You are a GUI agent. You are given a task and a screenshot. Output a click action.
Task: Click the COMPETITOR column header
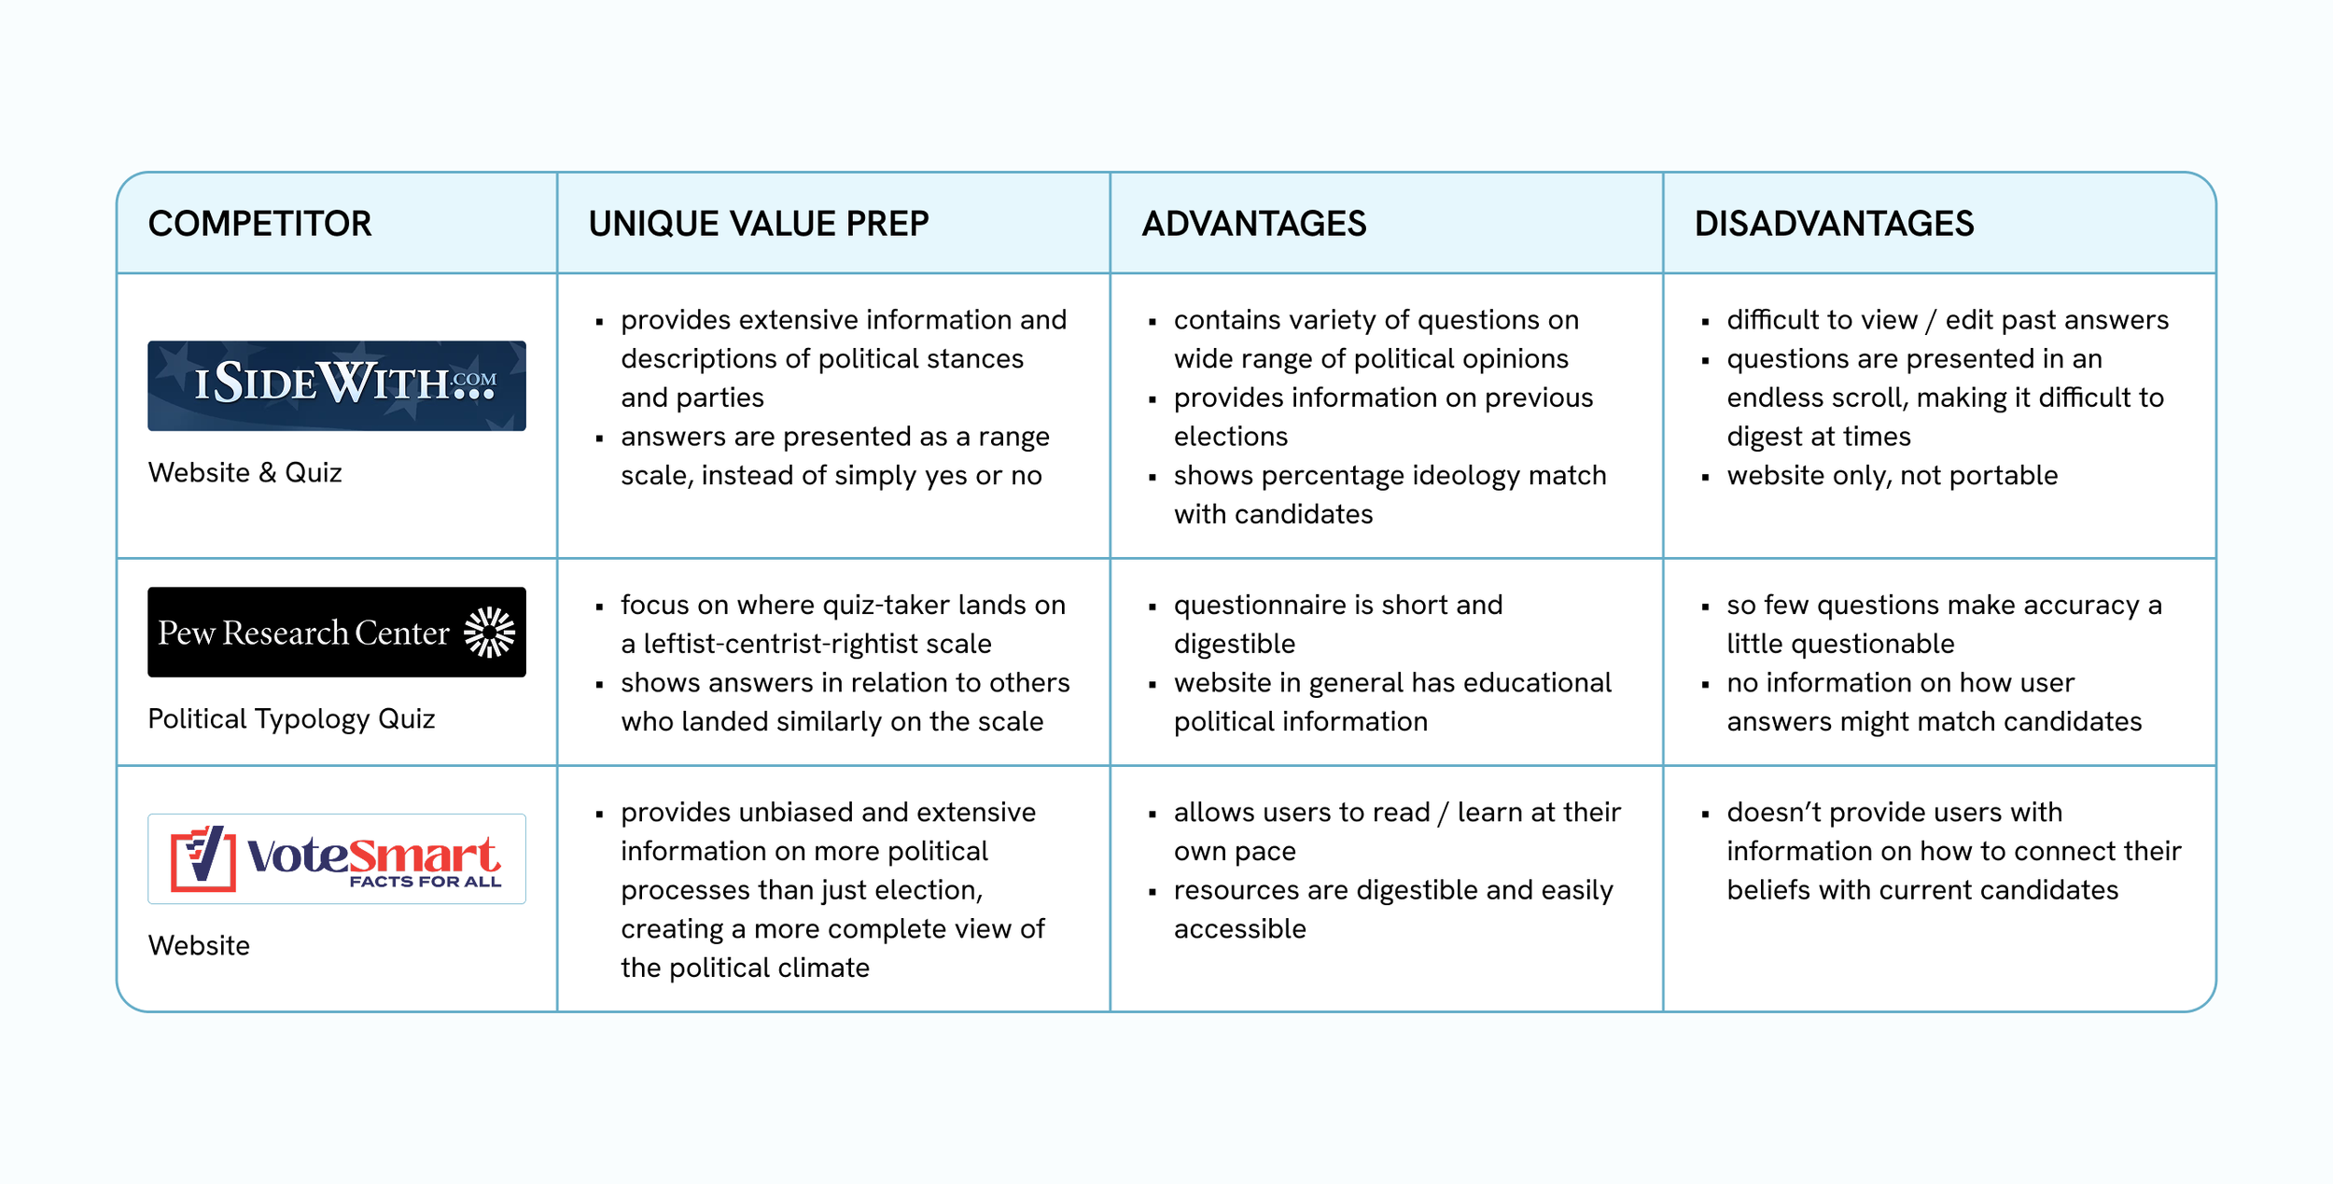tap(259, 224)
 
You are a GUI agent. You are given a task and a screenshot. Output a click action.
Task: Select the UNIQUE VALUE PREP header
tap(758, 224)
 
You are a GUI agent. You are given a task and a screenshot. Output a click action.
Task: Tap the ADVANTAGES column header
tap(1253, 224)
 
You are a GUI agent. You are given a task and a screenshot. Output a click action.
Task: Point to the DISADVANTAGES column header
tap(1834, 224)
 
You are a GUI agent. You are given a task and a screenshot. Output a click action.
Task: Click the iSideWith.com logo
tap(336, 385)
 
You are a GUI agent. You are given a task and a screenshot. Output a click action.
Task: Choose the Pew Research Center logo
tap(336, 632)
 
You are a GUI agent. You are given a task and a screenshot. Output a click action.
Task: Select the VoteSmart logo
tap(336, 858)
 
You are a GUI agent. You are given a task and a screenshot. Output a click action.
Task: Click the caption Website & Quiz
tap(244, 473)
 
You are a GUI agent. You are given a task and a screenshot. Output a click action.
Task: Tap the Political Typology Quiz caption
tap(291, 719)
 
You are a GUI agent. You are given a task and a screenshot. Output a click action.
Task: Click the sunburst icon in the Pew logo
tap(489, 633)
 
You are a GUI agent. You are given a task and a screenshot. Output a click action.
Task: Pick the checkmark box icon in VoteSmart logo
tap(203, 857)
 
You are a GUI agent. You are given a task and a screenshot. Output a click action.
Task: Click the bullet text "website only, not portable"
tap(1892, 476)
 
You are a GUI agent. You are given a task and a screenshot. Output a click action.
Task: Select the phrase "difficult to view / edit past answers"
tap(1947, 320)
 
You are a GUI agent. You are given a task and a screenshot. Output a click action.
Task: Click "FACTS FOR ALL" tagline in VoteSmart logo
tap(425, 882)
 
